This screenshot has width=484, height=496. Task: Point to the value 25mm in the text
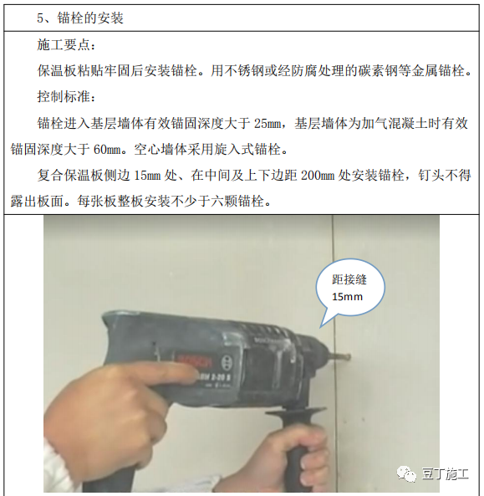[x=267, y=124]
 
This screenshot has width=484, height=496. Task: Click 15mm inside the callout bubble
[x=348, y=297]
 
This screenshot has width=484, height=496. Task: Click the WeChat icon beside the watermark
[x=408, y=474]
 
